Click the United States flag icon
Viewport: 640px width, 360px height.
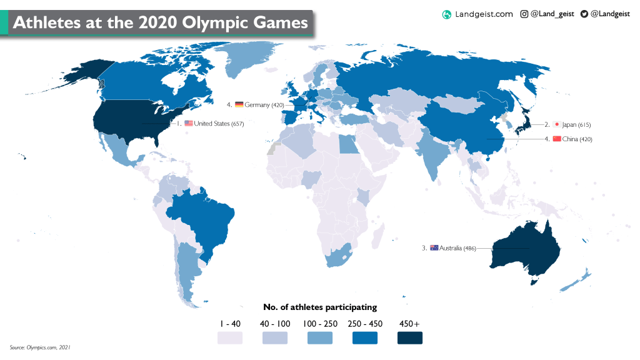pos(189,124)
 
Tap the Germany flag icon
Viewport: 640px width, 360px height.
pos(239,104)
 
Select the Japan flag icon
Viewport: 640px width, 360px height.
pos(556,124)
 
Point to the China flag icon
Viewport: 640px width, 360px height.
pos(557,139)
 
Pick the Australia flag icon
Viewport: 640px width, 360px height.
pos(434,248)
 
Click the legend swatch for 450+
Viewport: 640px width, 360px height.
pos(410,337)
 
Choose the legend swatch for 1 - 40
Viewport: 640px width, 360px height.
pos(230,337)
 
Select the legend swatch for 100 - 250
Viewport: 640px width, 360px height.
pos(320,337)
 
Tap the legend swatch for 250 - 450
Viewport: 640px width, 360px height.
pos(365,337)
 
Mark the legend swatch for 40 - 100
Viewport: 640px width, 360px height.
pos(275,337)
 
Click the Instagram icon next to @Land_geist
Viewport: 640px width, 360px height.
pos(524,14)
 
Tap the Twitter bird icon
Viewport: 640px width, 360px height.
pos(584,14)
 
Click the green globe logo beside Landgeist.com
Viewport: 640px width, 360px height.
pos(446,14)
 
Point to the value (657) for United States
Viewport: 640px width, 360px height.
pos(237,124)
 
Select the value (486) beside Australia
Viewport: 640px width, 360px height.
pos(469,249)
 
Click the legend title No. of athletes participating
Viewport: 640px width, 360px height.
pos(320,307)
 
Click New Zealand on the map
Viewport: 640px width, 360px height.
pos(578,279)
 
